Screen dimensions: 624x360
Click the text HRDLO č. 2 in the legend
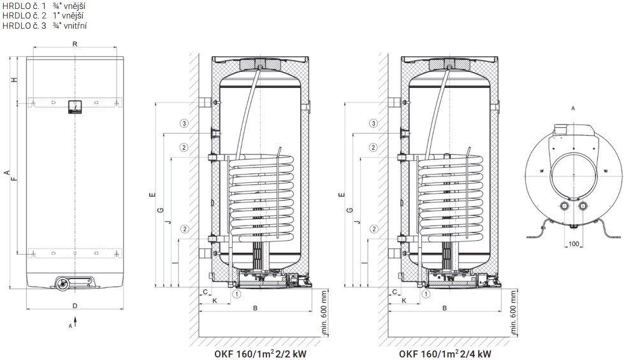tap(24, 16)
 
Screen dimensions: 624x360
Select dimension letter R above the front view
tap(75, 44)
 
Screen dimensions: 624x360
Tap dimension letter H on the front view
tap(14, 80)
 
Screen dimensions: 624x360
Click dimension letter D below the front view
tap(75, 306)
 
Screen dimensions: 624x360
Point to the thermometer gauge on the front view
tap(75, 106)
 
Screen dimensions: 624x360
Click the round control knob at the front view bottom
tap(62, 283)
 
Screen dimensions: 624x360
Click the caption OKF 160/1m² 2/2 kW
tap(260, 354)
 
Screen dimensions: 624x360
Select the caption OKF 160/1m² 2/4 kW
tap(445, 354)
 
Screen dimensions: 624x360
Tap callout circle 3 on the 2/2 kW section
tap(184, 124)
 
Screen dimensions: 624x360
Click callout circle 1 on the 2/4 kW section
tap(426, 294)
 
